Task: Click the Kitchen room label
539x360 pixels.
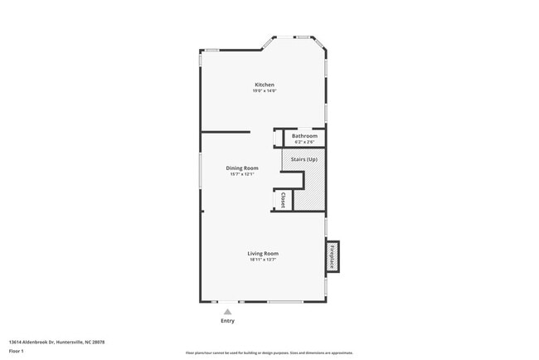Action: [x=265, y=85]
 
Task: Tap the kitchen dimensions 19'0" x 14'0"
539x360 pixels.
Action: [x=265, y=90]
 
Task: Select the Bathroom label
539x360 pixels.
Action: [x=304, y=135]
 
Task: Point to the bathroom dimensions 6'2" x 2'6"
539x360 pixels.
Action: [x=304, y=141]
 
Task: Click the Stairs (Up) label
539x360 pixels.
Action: [x=304, y=159]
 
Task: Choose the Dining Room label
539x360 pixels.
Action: [x=242, y=168]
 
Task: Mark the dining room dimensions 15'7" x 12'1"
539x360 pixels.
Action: [x=242, y=174]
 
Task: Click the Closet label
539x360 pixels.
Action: [x=283, y=199]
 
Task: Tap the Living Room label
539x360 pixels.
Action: [x=263, y=253]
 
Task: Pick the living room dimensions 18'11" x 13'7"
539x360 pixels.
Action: [x=263, y=260]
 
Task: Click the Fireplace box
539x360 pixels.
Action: [x=333, y=256]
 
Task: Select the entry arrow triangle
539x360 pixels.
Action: [x=227, y=312]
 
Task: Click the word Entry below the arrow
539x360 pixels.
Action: [x=227, y=321]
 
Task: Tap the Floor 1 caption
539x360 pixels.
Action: [x=17, y=351]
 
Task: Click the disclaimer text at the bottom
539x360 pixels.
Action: [x=269, y=353]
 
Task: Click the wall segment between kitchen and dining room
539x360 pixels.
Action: [x=226, y=131]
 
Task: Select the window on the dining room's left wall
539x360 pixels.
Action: [x=201, y=171]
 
